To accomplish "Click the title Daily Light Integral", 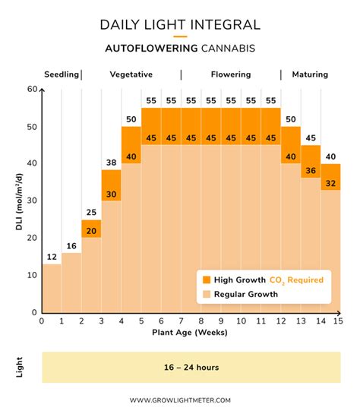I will (180, 24).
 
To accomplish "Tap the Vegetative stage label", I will (131, 74).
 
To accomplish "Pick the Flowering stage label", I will (231, 74).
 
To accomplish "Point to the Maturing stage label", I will (309, 74).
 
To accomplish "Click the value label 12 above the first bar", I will (52, 257).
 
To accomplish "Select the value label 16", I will (71, 245).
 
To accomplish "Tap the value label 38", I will (111, 163).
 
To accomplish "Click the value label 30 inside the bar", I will (111, 194).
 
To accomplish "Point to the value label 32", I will (331, 183).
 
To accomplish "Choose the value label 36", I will (311, 172).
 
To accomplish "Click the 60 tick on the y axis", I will (33, 90).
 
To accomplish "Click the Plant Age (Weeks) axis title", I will (190, 332).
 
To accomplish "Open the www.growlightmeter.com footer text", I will (180, 400).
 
